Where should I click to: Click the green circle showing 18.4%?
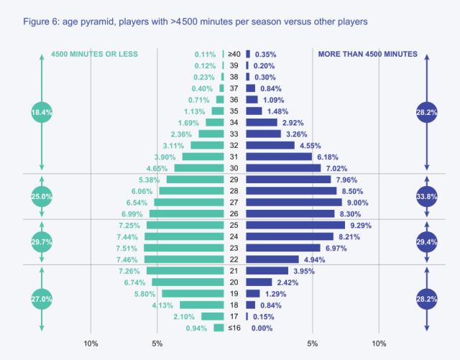pos(42,112)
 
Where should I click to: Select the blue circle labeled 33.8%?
pos(427,196)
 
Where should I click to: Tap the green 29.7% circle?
pos(42,242)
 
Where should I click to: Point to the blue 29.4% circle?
pos(427,242)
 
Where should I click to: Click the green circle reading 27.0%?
pos(42,298)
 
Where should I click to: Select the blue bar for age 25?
pos(280,225)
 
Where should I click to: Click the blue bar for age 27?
pos(278,203)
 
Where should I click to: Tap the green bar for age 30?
pos(200,168)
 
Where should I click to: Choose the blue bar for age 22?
pos(272,259)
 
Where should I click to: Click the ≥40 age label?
pos(234,54)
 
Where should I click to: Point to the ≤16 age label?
pos(234,328)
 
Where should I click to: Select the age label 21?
pos(234,271)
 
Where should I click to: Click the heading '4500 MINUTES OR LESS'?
pos(94,54)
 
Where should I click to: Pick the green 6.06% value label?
pos(142,191)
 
